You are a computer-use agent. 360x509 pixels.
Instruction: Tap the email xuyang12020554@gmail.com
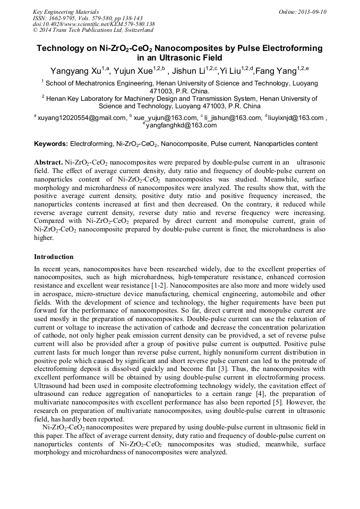(81, 118)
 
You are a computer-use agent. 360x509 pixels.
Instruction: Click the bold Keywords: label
(51, 144)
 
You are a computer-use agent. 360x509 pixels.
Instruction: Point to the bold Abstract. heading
(48, 162)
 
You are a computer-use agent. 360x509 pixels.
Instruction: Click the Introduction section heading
(54, 257)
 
